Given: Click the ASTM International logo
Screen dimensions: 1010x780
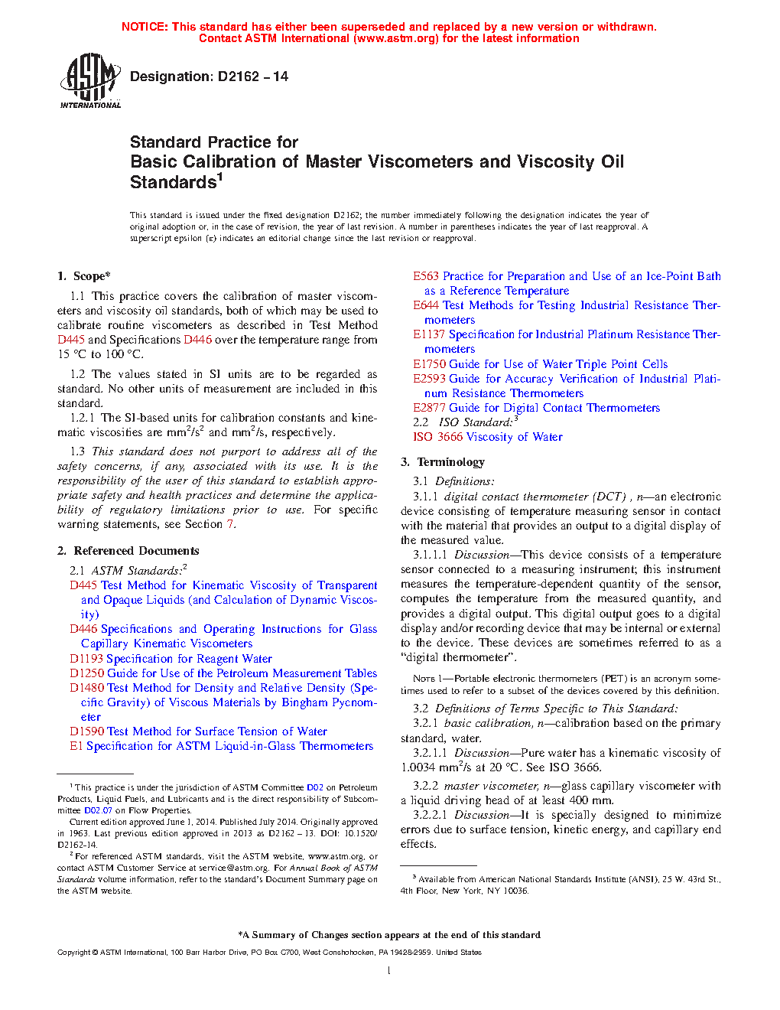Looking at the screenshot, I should click(90, 80).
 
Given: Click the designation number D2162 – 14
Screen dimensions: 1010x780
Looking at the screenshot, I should click(252, 77).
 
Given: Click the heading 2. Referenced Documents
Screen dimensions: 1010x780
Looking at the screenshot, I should click(128, 551).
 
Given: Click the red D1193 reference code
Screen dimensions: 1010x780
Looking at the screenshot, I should click(86, 659).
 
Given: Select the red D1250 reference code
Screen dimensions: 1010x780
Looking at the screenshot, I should click(86, 673).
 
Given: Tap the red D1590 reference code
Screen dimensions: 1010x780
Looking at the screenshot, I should click(86, 731).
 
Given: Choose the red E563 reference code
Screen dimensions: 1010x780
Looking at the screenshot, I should click(426, 276).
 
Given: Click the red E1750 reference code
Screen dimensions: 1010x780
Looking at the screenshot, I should click(429, 364).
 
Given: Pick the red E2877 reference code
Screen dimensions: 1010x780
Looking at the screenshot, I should click(429, 408).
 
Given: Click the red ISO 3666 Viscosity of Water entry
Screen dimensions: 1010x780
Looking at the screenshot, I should click(488, 437).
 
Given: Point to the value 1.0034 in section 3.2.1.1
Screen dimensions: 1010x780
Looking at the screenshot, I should click(418, 767).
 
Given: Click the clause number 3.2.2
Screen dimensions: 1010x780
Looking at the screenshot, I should click(425, 786).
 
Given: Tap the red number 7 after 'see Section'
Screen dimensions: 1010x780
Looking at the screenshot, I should click(229, 524).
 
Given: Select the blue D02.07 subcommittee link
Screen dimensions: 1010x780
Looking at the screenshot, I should click(98, 810).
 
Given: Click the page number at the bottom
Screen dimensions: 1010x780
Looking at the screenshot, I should click(389, 970).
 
